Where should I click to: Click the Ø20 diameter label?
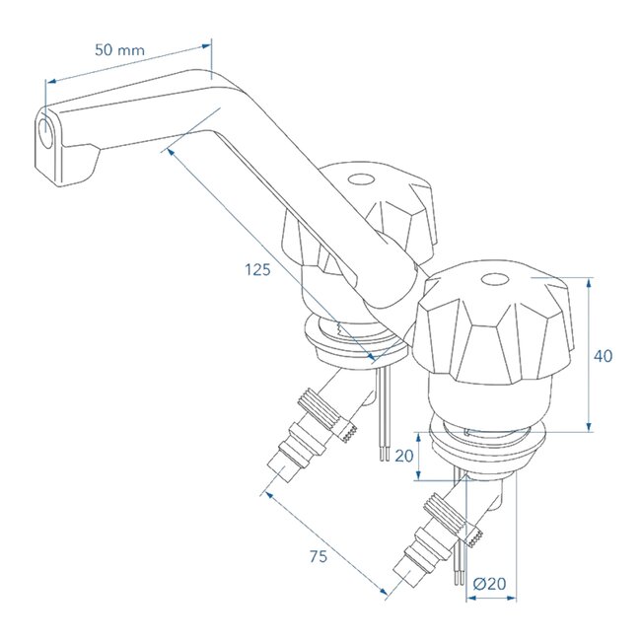tap(489, 584)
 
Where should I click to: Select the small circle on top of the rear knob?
tap(362, 180)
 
